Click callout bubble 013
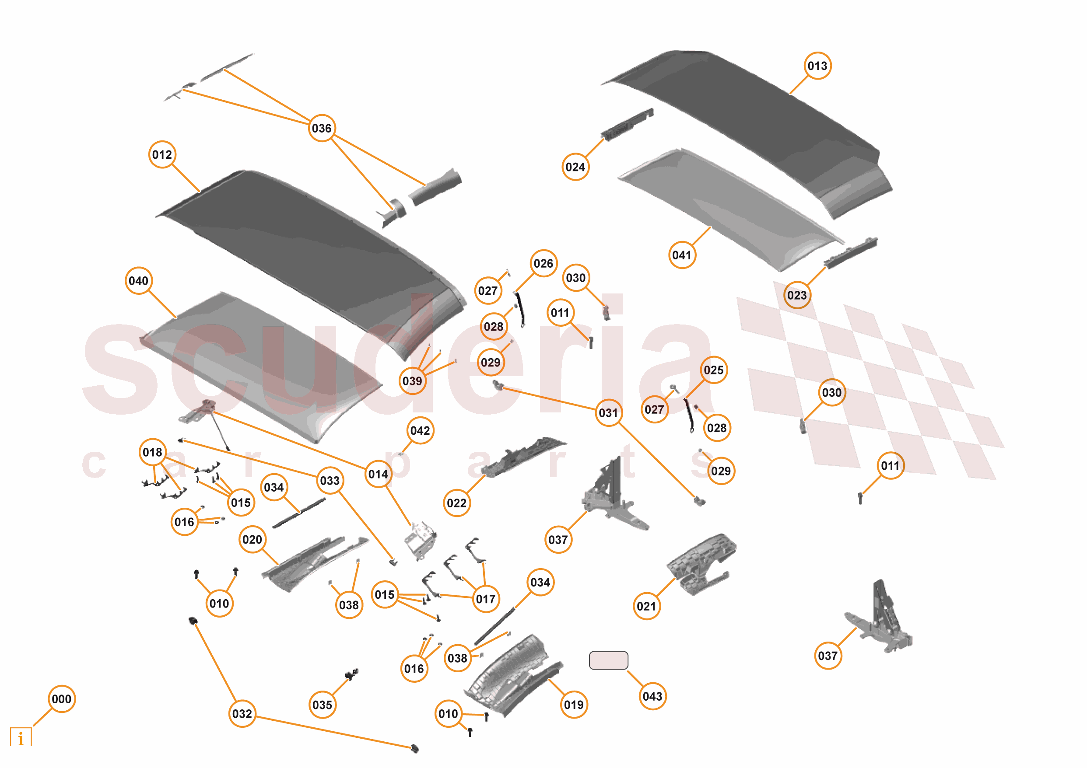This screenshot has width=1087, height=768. [x=817, y=66]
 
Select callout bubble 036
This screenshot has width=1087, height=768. [x=322, y=128]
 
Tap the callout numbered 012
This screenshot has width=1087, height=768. [x=162, y=155]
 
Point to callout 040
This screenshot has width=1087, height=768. [x=138, y=281]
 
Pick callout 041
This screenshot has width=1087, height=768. [x=682, y=255]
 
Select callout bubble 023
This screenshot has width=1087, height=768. [x=797, y=295]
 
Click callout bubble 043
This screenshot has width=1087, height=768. [x=652, y=696]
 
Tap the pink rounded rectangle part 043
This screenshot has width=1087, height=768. [x=608, y=660]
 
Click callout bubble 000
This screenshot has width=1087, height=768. [x=62, y=699]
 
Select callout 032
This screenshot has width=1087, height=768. [x=242, y=714]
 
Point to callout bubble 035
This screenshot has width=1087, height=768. [x=322, y=705]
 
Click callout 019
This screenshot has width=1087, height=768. [x=574, y=705]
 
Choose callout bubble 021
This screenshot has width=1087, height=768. [x=646, y=606]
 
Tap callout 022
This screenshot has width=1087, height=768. [x=456, y=503]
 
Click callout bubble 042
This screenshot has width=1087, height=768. [x=420, y=431]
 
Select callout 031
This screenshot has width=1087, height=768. [x=608, y=413]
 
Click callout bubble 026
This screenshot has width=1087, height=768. [x=543, y=264]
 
